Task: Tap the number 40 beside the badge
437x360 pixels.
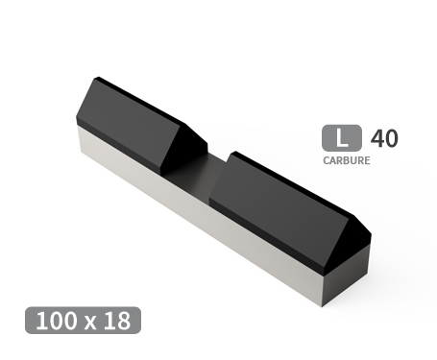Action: (383, 138)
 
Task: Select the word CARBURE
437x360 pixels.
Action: (347, 160)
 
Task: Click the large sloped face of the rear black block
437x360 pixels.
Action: (125, 120)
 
